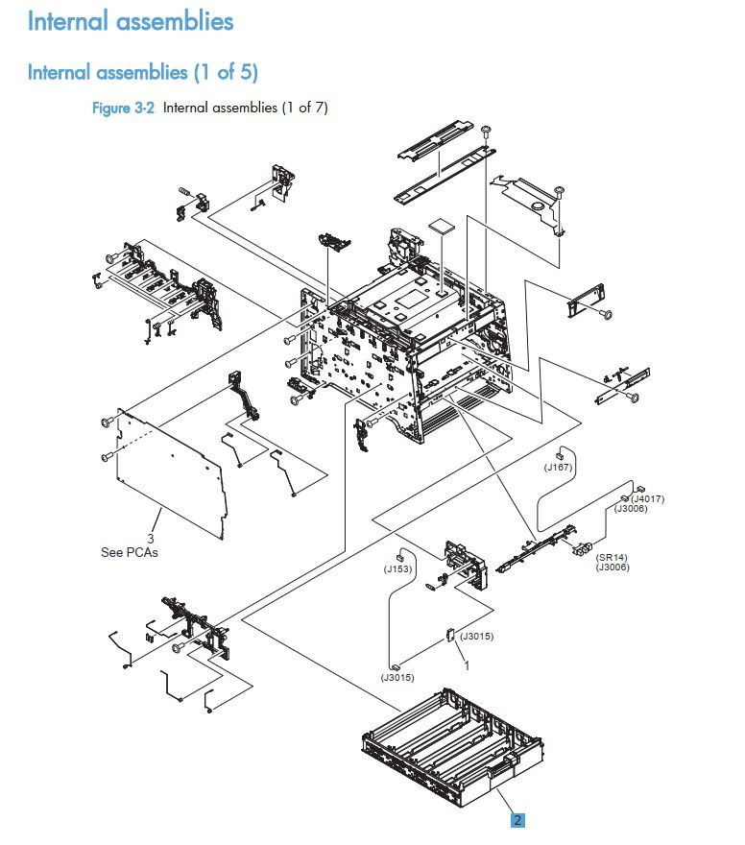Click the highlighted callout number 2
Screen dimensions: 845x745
(x=517, y=820)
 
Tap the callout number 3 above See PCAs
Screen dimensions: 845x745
(x=151, y=539)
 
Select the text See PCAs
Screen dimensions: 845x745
(x=129, y=553)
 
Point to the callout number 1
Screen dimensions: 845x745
(x=467, y=664)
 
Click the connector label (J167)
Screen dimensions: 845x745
(x=558, y=468)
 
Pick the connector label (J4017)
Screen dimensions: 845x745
(x=647, y=498)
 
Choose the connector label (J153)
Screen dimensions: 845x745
(x=397, y=568)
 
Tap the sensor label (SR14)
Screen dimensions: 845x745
(x=611, y=557)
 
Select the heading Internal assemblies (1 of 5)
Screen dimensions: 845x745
(x=142, y=72)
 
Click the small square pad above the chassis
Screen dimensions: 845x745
(x=439, y=227)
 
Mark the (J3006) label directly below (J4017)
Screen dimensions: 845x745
(x=631, y=509)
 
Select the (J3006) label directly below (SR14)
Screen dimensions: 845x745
(x=611, y=567)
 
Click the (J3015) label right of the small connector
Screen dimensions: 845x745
(x=476, y=636)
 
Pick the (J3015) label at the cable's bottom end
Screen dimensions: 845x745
(x=397, y=678)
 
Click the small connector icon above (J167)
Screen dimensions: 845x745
(x=561, y=454)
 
